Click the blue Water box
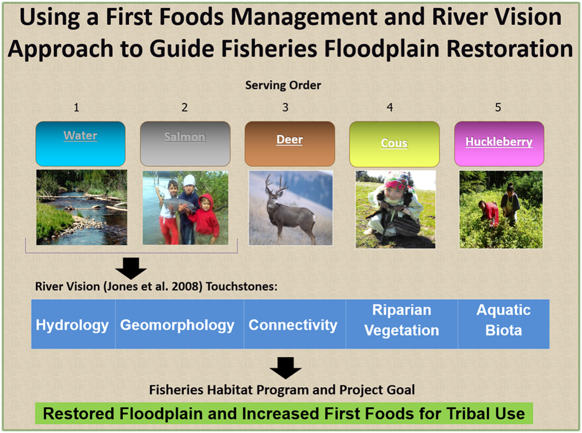point(80,144)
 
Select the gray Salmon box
point(185,144)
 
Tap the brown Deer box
point(290,144)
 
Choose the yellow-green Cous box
point(394,144)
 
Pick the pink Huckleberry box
point(499,144)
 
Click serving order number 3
point(285,108)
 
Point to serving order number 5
point(498,108)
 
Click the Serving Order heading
point(283,85)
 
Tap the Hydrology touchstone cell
point(74,324)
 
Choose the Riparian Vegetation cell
point(402,324)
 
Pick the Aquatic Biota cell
point(504,324)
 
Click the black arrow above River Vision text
point(131,269)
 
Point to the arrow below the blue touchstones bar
point(285,368)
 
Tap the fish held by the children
point(180,205)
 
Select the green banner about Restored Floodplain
point(284,413)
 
